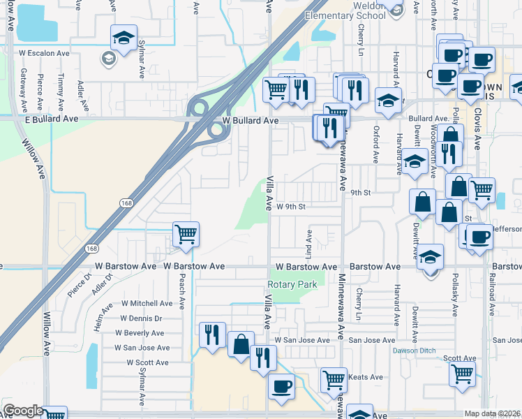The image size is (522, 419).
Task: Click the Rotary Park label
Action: pos(292,284)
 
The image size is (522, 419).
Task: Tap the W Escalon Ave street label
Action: pos(44,52)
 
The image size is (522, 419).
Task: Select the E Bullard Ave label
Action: pos(29,120)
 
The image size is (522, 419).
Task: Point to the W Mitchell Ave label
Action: pos(147,303)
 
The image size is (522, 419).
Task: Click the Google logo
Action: pos(22,411)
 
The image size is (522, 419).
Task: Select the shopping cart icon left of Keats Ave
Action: pos(334,380)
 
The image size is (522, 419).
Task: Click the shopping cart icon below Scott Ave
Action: pos(462,374)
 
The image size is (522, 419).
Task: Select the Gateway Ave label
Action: pos(24,90)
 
